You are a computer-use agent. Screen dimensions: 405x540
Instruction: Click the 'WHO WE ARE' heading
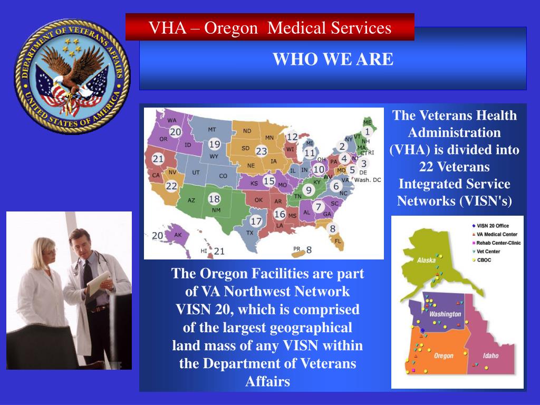coord(333,60)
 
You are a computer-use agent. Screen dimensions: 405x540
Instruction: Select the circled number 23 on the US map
coord(262,151)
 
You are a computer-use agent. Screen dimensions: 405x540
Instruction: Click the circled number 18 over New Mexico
coord(214,199)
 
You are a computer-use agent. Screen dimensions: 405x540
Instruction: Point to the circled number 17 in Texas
coord(256,221)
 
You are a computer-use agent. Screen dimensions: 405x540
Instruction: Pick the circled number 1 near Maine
coord(367,132)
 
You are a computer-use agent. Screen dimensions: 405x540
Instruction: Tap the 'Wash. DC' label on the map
coord(367,180)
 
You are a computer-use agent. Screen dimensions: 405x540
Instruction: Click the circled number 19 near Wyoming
coord(214,144)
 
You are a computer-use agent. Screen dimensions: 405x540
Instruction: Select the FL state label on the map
coord(338,240)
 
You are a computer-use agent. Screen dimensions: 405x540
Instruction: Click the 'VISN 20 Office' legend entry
coord(494,226)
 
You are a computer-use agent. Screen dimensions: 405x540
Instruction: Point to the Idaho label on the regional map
coord(490,355)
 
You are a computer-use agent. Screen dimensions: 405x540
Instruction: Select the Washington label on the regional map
coord(445,314)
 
